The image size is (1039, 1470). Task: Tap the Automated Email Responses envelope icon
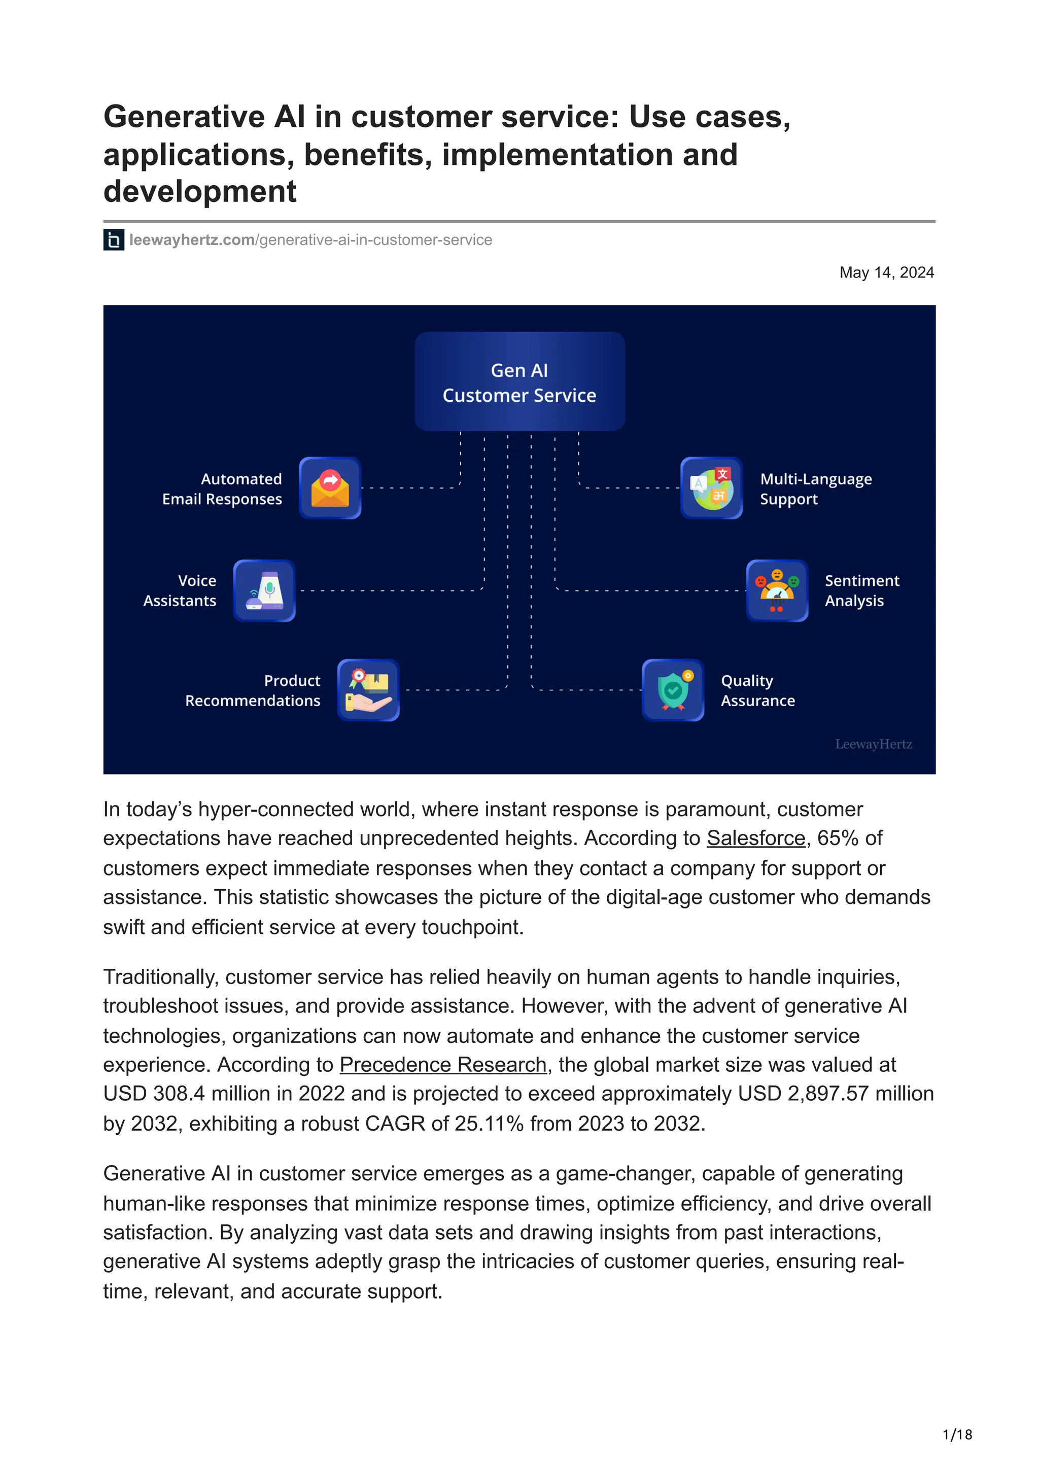[x=330, y=488]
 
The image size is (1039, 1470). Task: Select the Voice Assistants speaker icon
[x=264, y=590]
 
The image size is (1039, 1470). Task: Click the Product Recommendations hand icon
[x=368, y=690]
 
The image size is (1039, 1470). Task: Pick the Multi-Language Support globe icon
[x=711, y=488]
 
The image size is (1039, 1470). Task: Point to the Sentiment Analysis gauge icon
[x=777, y=590]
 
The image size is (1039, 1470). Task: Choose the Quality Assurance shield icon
[x=673, y=690]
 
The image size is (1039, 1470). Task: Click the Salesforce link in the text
[x=755, y=838]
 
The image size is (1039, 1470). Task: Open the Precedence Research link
[x=443, y=1065]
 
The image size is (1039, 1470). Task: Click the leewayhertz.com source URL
[x=310, y=240]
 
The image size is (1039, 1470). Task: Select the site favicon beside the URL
[x=114, y=240]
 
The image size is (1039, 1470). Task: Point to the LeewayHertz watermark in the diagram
[x=873, y=744]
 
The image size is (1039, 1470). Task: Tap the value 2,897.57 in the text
[x=828, y=1094]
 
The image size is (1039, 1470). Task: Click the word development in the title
[x=200, y=191]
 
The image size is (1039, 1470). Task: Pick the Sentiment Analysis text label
[x=861, y=590]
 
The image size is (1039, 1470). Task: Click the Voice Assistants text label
[x=180, y=590]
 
